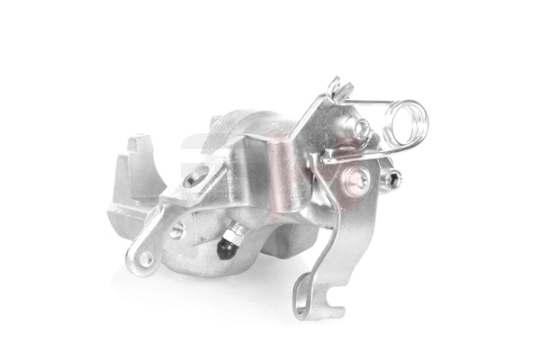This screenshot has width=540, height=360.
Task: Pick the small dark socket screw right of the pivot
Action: click(x=395, y=181)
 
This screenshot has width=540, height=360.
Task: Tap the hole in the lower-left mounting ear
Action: click(x=144, y=258)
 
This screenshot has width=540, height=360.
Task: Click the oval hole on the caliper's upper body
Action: click(x=192, y=178)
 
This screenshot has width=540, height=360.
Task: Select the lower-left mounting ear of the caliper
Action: click(x=148, y=247)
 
